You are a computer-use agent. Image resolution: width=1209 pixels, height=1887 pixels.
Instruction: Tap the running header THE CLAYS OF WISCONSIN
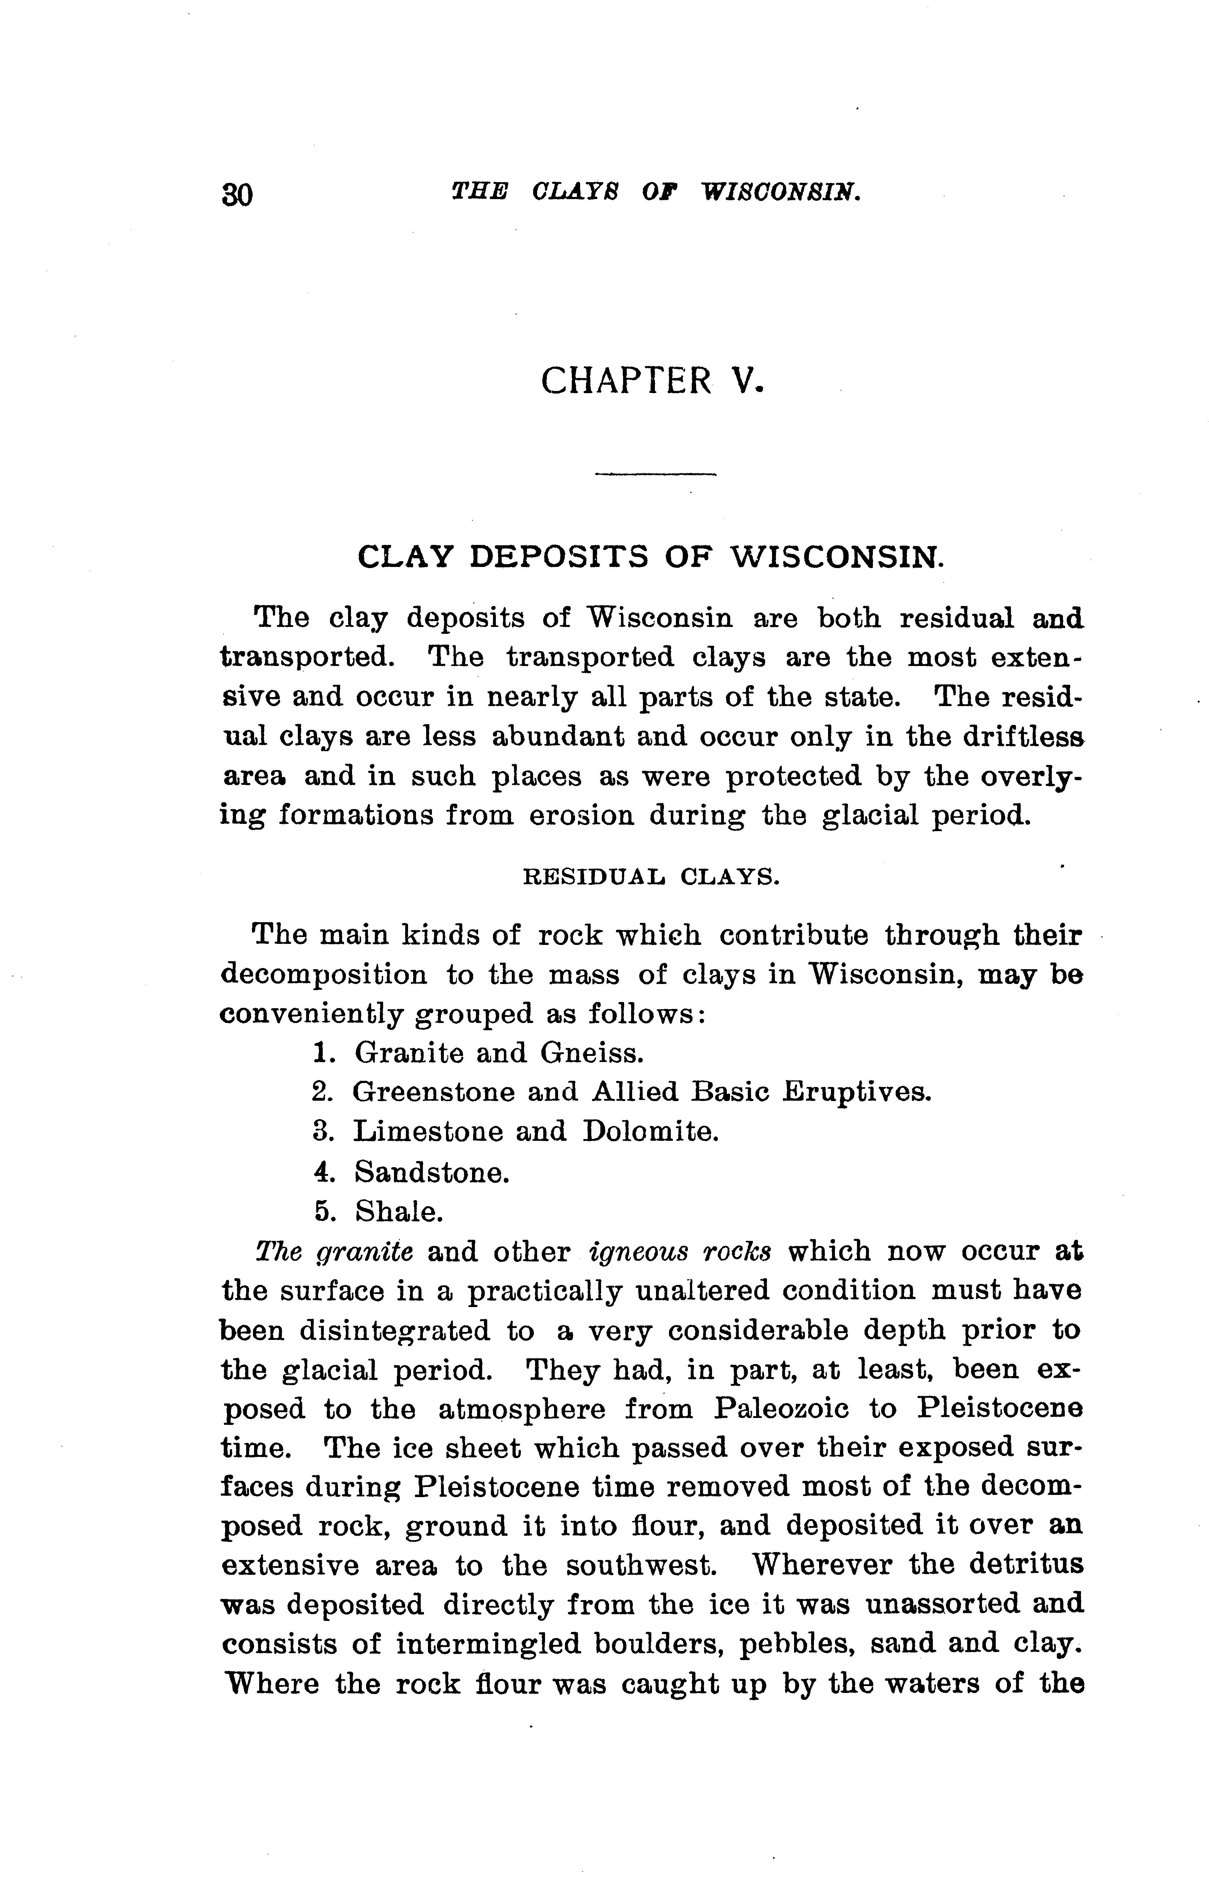point(656,192)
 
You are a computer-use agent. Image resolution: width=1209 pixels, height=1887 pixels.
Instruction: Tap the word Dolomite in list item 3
point(651,1131)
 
